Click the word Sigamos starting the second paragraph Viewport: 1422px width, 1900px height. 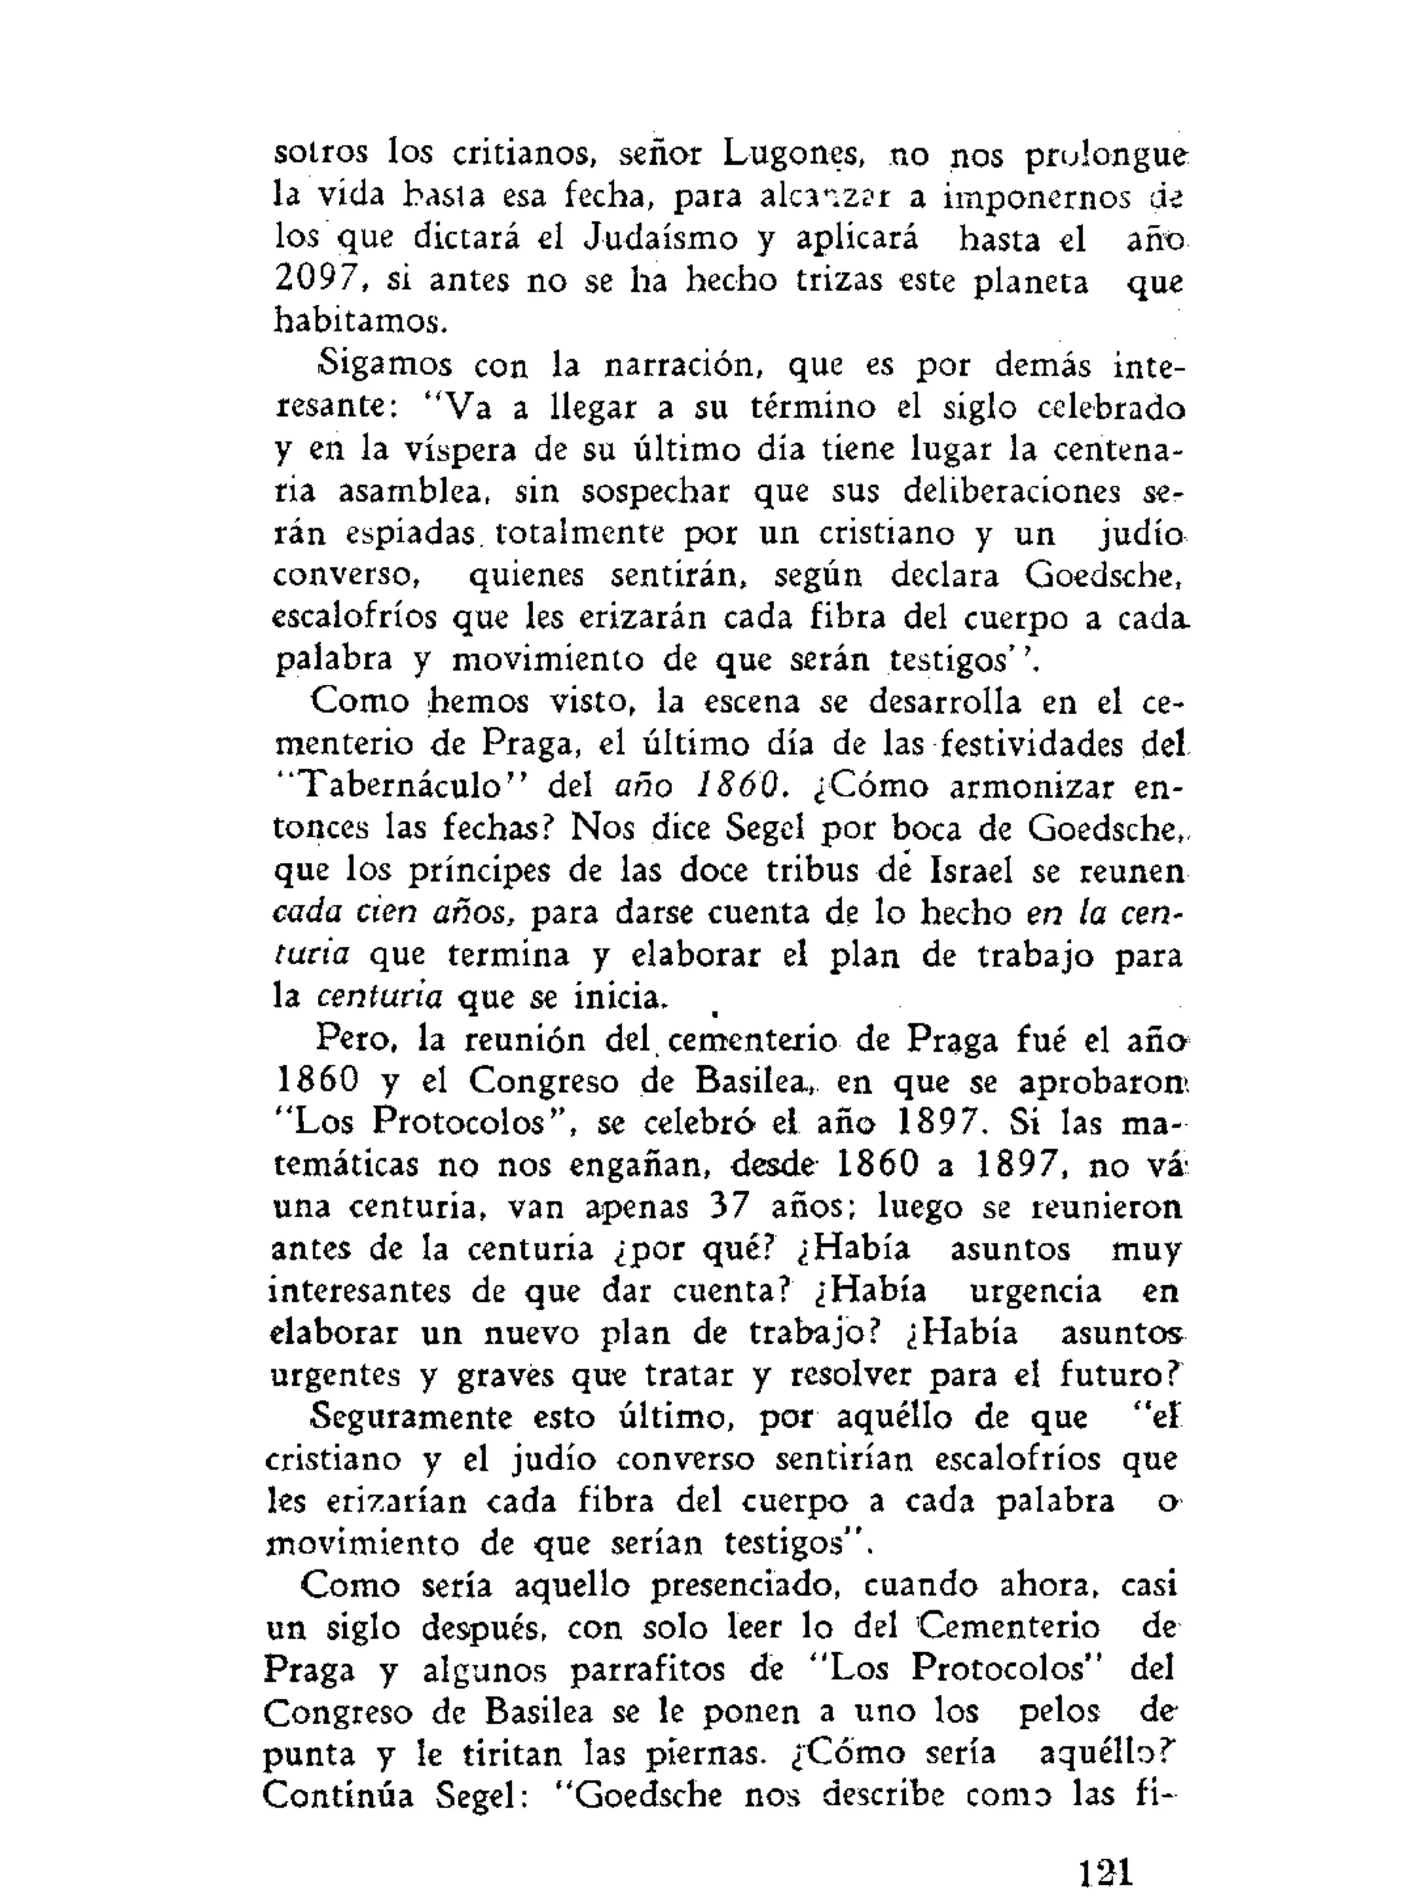[x=385, y=364]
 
